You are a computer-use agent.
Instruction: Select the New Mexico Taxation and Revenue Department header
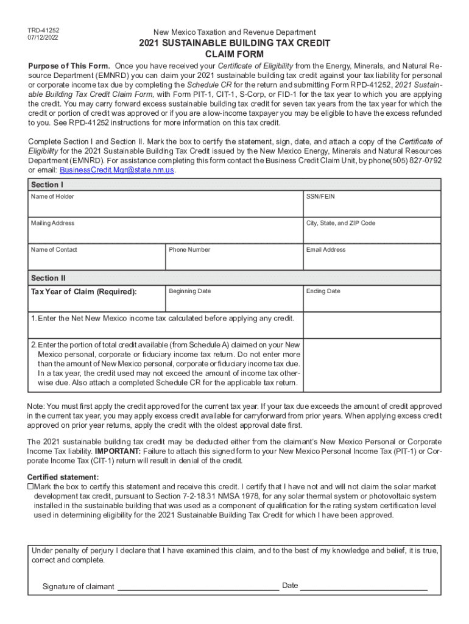(234, 32)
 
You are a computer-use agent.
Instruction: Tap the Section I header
(46, 185)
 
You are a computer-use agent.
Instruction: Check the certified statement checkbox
(30, 487)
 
